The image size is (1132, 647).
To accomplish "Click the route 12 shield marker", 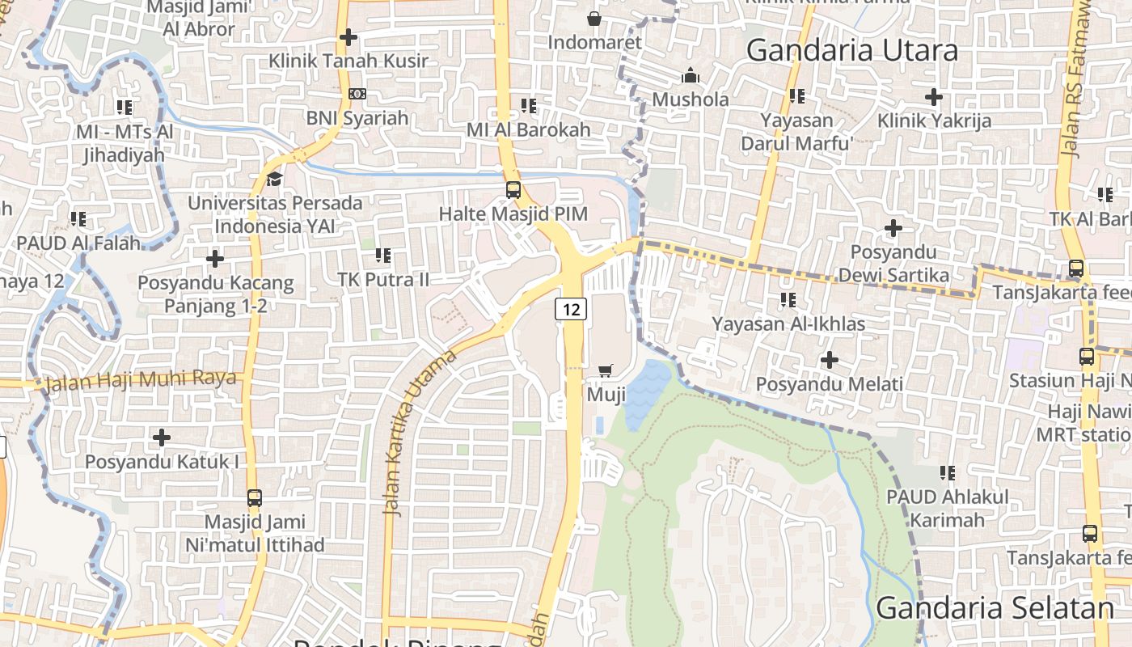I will point(570,308).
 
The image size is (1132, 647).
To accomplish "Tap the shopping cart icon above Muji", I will point(605,370).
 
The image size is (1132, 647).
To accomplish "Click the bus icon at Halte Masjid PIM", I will point(513,190).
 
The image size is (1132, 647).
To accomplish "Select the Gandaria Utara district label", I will point(851,50).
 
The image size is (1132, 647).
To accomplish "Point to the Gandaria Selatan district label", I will point(995,608).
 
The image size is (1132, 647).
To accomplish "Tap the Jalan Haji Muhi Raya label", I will point(141,379).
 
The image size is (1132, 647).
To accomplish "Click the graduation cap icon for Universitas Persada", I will point(275,178).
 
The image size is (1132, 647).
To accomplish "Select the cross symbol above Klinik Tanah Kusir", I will point(348,37).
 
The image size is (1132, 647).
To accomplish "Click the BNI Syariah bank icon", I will point(357,94).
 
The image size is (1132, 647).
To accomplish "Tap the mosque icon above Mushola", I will point(690,76).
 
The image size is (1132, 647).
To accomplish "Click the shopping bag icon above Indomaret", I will point(594,18).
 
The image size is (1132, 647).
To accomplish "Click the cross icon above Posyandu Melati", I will point(829,359).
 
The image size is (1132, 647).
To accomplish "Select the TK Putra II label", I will point(383,279).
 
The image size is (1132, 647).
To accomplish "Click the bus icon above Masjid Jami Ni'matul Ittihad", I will point(254,498).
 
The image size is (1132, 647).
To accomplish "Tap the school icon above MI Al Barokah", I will point(529,105).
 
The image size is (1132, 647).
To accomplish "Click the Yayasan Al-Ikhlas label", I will point(788,324).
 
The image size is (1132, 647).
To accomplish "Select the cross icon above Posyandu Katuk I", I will point(162,438).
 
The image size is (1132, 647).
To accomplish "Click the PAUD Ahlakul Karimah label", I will point(947,508).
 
